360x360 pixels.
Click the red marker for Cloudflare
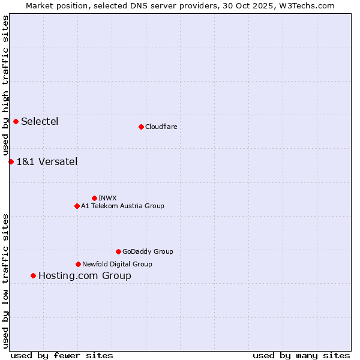coord(141,127)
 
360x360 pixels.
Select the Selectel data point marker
coord(16,122)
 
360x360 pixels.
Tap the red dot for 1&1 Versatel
coord(11,161)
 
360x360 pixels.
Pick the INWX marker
coord(94,198)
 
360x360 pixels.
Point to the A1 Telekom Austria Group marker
coord(77,206)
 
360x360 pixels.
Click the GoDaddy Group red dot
coord(118,251)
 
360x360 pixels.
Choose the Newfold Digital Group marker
coord(78,264)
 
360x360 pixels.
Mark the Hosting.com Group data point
coord(33,276)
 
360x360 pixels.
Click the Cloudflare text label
coord(161,127)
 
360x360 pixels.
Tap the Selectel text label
coord(40,122)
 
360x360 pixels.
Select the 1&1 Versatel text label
coord(47,161)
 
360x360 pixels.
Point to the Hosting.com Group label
coord(85,276)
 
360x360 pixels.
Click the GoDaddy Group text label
coord(148,251)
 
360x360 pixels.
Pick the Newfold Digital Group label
coord(117,264)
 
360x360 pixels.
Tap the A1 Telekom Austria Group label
coord(122,206)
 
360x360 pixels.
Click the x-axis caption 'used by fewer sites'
coord(62,355)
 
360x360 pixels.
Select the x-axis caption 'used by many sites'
coord(301,355)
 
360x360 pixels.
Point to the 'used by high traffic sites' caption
coord(6,85)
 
